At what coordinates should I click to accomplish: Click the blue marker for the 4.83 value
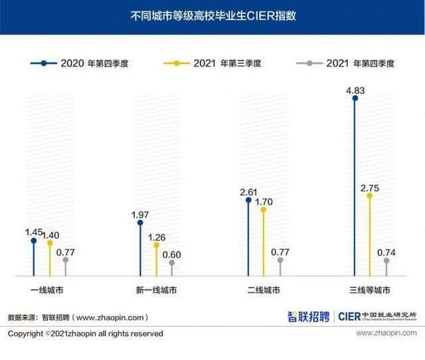click(355, 98)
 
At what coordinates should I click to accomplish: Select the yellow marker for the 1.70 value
click(264, 209)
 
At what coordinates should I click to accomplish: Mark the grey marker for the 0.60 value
click(171, 263)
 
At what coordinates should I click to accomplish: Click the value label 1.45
click(34, 232)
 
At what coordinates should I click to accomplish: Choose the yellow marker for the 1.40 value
click(49, 243)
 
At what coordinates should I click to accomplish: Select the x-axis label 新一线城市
click(156, 290)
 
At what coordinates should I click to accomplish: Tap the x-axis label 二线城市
click(264, 290)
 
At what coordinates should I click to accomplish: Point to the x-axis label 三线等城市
click(371, 290)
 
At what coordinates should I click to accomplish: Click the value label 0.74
click(386, 252)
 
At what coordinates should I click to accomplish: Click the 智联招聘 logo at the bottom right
click(308, 317)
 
